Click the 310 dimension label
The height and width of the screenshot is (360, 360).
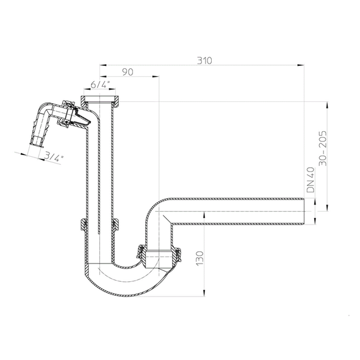(204, 60)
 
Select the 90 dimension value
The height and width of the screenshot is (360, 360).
(128, 72)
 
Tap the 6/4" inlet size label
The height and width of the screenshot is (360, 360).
(99, 84)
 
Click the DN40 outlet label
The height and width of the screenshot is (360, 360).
(311, 179)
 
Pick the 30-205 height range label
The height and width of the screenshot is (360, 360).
(323, 148)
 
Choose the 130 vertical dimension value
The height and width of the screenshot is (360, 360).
(200, 259)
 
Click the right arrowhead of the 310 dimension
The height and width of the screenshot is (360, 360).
(301, 65)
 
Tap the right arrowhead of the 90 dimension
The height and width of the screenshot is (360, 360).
(156, 76)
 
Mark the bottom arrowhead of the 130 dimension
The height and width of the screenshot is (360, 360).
(204, 293)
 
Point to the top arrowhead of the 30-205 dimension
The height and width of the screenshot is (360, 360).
(328, 105)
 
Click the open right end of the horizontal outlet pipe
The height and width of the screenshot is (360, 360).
(304, 211)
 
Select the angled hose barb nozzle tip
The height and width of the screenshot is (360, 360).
(36, 144)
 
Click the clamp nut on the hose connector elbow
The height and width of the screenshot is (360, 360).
(68, 113)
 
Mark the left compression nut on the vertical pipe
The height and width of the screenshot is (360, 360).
(83, 225)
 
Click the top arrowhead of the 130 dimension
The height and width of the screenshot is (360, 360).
(204, 215)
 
